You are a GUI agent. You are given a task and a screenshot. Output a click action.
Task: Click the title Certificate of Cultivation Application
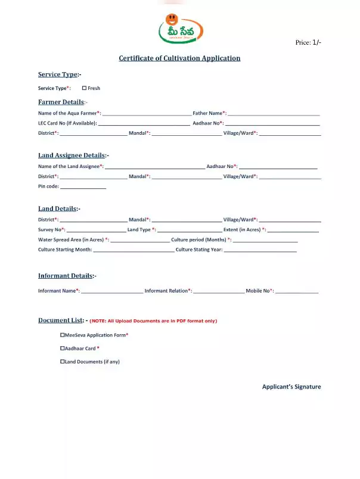179,58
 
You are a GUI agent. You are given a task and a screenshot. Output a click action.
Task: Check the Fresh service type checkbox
85,88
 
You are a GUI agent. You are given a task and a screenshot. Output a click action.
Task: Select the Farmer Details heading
61,102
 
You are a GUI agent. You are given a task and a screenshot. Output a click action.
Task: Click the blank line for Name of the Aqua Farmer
147,113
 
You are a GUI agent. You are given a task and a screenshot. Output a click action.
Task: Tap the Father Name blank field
274,113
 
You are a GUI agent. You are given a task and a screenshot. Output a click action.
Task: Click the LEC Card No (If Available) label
67,123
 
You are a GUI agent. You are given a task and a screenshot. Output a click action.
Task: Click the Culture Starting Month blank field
134,250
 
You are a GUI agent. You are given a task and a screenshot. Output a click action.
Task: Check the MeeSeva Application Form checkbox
63,335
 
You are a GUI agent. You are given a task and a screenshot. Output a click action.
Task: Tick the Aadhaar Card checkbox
63,349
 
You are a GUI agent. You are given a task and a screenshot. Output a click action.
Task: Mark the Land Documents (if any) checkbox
63,362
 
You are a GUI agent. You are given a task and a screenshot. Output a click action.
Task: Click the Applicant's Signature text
291,387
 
